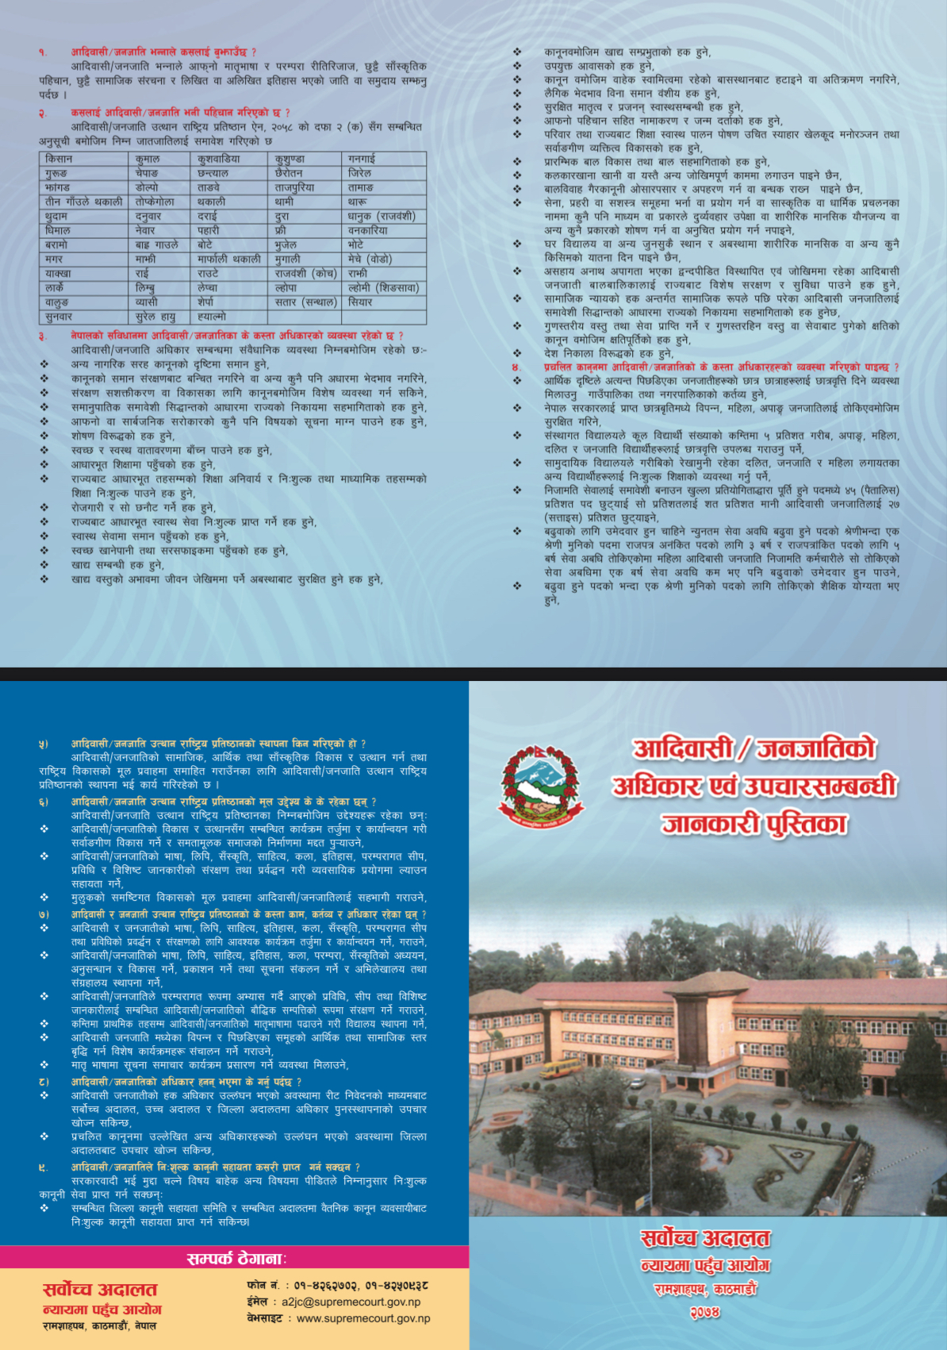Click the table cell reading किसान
point(59,160)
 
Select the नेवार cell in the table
point(148,231)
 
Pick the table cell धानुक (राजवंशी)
point(381,217)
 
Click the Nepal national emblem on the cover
point(535,786)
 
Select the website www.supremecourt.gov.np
point(363,1318)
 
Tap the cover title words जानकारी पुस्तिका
point(754,824)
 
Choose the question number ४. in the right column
point(516,367)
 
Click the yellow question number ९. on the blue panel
point(44,1167)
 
